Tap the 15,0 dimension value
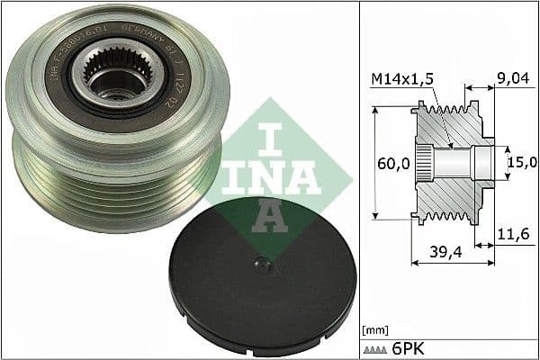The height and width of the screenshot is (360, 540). click(521, 161)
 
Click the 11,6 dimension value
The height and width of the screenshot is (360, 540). click(513, 234)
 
